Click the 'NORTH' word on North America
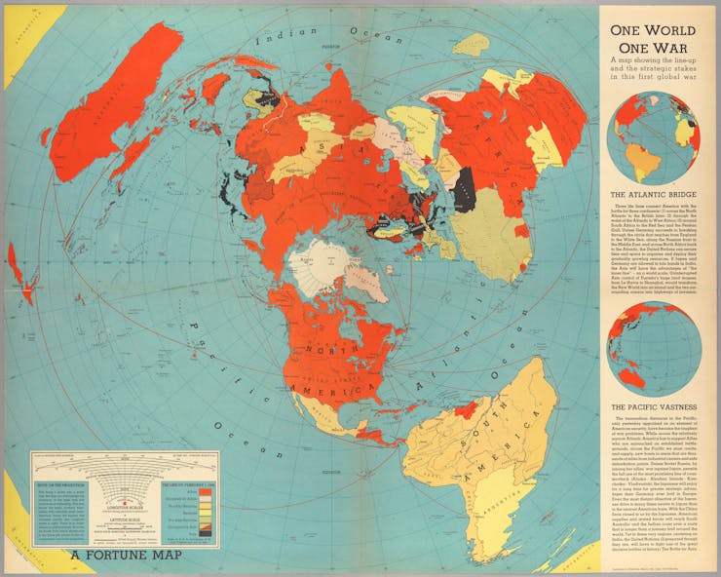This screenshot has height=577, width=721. coord(324,348)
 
